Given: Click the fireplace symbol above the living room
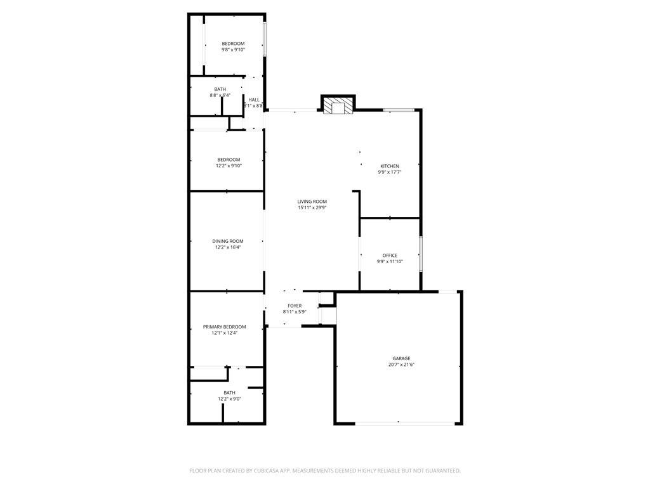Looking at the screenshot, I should click(336, 106).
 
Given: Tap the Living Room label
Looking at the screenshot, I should click(312, 202).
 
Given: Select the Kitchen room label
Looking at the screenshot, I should click(390, 166).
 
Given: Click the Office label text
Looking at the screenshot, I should click(390, 256).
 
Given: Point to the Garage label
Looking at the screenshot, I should click(401, 358).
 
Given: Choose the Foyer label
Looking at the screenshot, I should click(295, 306).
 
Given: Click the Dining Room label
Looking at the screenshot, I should click(228, 241).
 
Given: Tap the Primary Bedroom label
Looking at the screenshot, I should click(224, 327).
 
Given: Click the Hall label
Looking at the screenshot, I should click(254, 100).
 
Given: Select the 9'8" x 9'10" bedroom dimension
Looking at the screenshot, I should click(233, 49).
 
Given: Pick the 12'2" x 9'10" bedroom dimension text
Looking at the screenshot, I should click(229, 166).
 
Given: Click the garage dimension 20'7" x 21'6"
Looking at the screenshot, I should click(401, 365).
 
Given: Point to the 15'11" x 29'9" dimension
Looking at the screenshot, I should click(312, 208).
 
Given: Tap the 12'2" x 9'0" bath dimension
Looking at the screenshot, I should click(229, 399).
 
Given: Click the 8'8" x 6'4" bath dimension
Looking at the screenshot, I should click(220, 95).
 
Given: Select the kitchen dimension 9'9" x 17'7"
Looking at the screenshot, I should click(390, 172).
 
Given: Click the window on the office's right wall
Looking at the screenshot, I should click(421, 254).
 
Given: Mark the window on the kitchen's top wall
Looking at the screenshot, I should click(399, 110).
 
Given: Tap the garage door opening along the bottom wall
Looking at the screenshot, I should click(398, 423).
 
